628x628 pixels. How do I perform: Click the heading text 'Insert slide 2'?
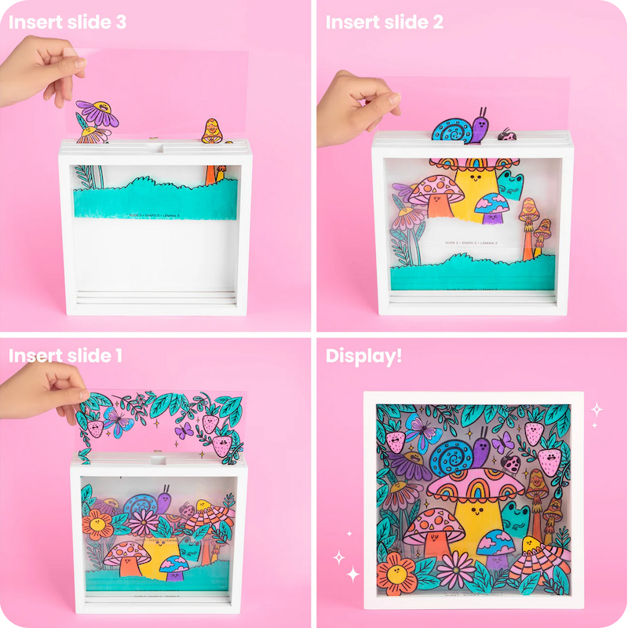(x=385, y=21)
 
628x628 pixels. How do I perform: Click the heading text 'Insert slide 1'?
(x=65, y=356)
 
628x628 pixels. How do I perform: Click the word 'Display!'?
(x=363, y=356)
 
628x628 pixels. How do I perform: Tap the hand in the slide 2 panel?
(x=353, y=106)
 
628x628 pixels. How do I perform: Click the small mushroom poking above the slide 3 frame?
(x=211, y=130)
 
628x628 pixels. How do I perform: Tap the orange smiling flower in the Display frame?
(x=396, y=569)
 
